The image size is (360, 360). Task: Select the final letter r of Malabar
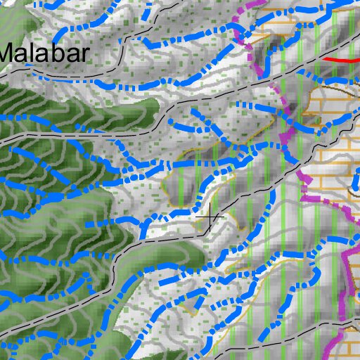85,53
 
